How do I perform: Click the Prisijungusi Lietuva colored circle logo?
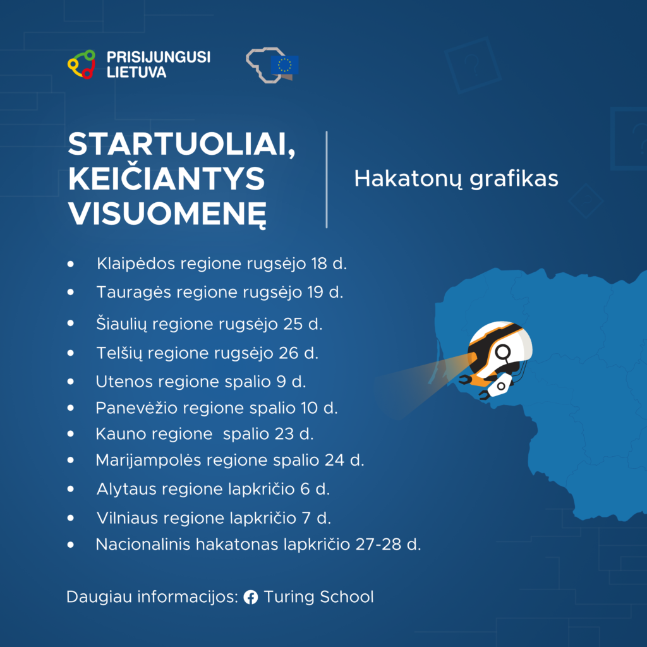(82, 64)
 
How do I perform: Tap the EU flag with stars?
(284, 64)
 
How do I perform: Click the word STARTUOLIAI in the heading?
(181, 145)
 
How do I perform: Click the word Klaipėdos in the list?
(136, 264)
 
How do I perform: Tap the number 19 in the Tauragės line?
(315, 292)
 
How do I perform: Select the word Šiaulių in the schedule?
(121, 324)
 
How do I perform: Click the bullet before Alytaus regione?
(71, 489)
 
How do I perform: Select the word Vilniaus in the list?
(127, 518)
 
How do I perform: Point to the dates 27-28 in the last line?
(378, 544)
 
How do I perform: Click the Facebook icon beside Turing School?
(251, 597)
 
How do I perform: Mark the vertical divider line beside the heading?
(327, 179)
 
